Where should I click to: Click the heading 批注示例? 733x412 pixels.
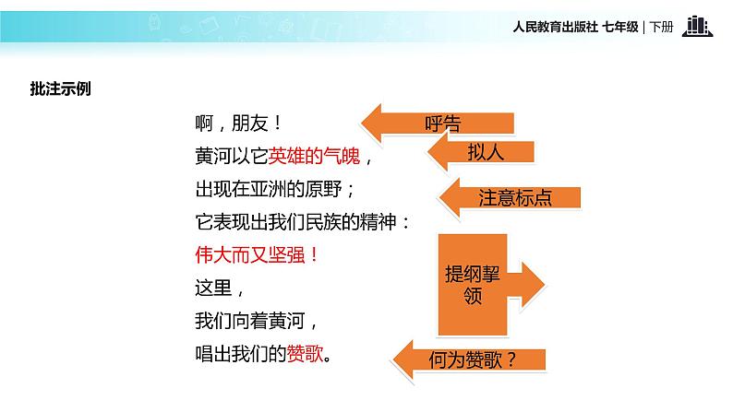click(x=61, y=88)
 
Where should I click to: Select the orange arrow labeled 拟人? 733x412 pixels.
click(x=480, y=153)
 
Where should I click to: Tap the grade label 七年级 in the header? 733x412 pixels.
click(x=619, y=27)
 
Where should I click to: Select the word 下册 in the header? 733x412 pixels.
click(x=662, y=27)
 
